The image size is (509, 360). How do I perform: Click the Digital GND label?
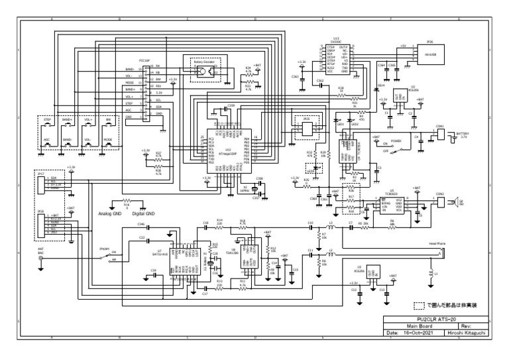click(141, 213)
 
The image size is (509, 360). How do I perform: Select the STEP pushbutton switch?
click(47, 127)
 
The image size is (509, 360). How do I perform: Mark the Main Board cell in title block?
click(416, 326)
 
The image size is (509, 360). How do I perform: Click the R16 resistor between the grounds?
click(127, 204)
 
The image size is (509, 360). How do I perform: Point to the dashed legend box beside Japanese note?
click(418, 306)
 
